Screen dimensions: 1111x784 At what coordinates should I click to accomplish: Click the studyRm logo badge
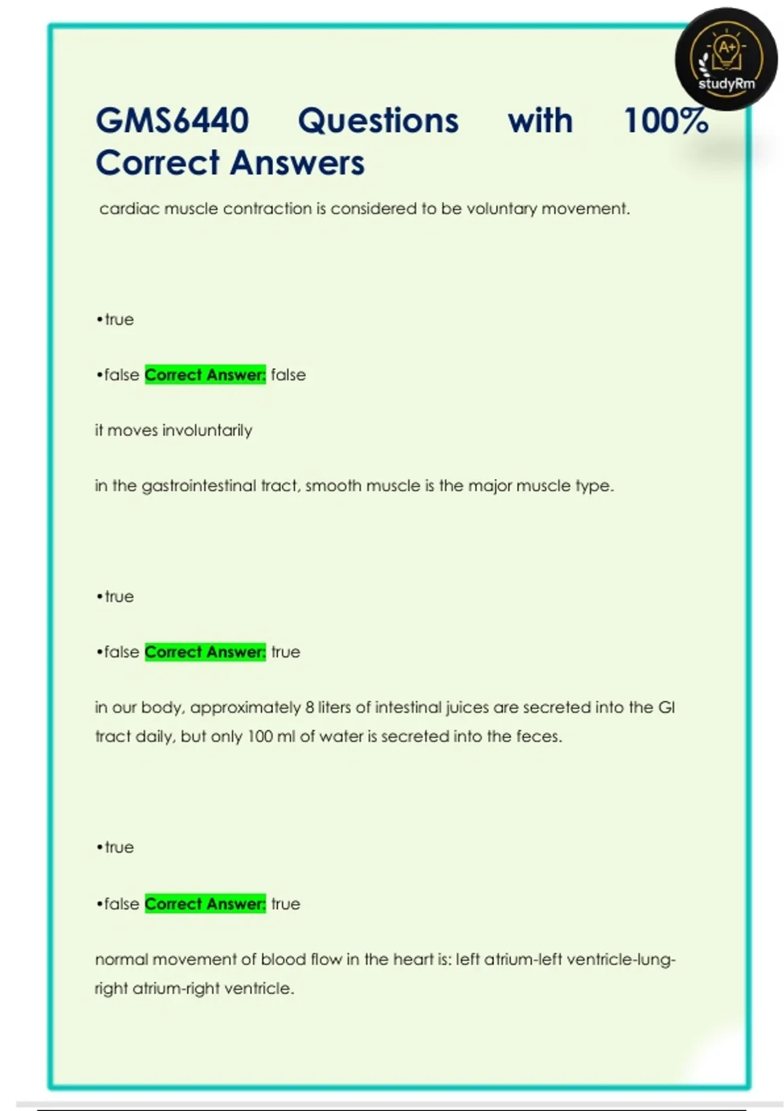pyautogui.click(x=726, y=59)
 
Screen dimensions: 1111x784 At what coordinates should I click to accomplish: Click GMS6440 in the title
pyautogui.click(x=172, y=121)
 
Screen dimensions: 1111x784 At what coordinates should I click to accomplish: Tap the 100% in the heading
pyautogui.click(x=666, y=121)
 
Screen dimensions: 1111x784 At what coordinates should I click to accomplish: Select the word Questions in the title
pyautogui.click(x=378, y=121)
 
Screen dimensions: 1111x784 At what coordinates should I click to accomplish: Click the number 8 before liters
pyautogui.click(x=309, y=708)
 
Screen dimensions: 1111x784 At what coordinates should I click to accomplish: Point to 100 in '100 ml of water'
pyautogui.click(x=260, y=737)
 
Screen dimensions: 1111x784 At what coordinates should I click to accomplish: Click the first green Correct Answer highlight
pyautogui.click(x=205, y=375)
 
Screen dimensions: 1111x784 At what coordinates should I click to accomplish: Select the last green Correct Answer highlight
pyautogui.click(x=205, y=904)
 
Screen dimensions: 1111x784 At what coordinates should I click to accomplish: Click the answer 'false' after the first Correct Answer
pyautogui.click(x=288, y=375)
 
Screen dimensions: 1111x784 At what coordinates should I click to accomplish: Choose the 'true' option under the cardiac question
pyautogui.click(x=119, y=320)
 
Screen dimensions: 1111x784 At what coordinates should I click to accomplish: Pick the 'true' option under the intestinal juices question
pyautogui.click(x=119, y=848)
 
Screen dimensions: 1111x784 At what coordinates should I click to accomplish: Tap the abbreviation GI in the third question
pyautogui.click(x=666, y=708)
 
